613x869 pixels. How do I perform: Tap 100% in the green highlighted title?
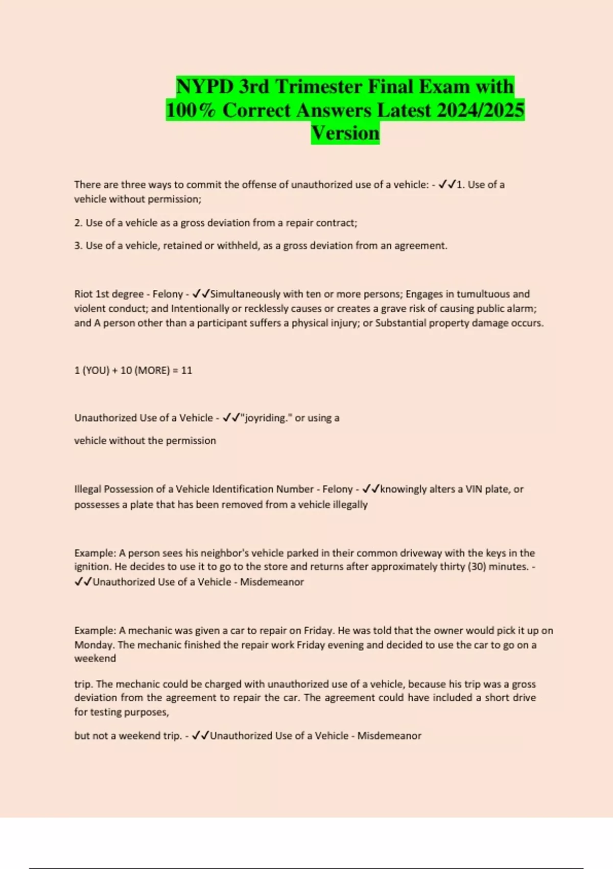pyautogui.click(x=191, y=110)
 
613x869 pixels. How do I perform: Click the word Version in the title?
pyautogui.click(x=345, y=133)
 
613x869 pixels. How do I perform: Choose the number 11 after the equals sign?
pyautogui.click(x=186, y=370)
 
